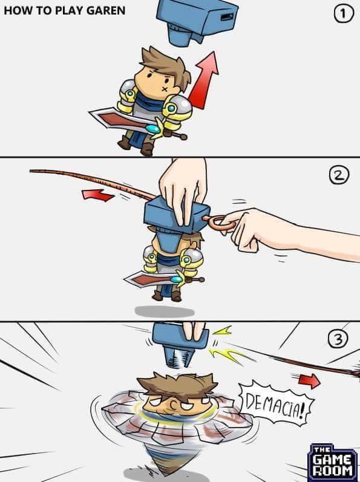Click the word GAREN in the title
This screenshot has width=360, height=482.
pos(106,10)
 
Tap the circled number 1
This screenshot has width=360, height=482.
pos(344,14)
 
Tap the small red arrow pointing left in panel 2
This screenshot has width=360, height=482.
pos(98,195)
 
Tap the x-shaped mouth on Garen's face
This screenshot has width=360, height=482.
pos(165,89)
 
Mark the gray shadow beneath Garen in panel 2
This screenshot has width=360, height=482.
pos(165,311)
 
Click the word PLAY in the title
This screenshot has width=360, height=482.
pos(68,10)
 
